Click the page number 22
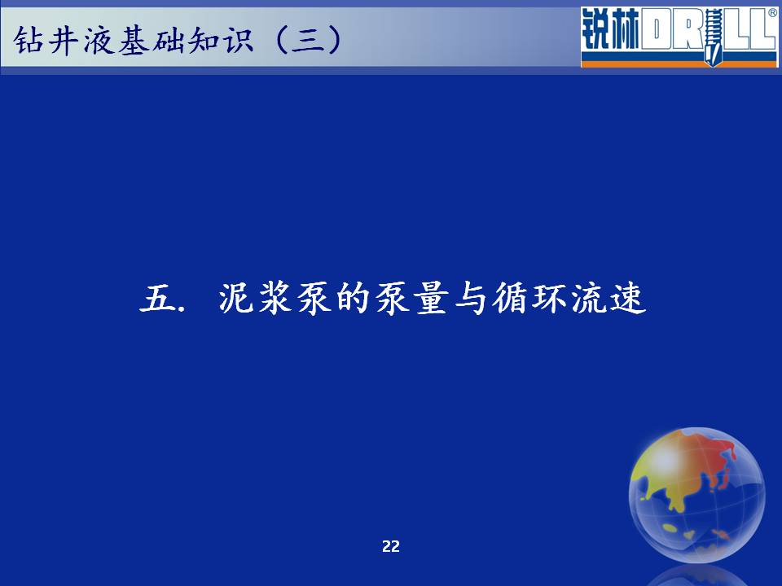tap(391, 547)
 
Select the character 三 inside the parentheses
tap(308, 40)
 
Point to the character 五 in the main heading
tap(156, 299)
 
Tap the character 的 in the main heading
tap(353, 299)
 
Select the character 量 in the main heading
tap(432, 299)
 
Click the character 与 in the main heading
tap(471, 299)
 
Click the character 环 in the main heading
tap(549, 299)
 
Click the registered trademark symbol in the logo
tap(772, 14)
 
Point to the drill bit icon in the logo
tap(714, 37)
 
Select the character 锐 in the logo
tap(596, 29)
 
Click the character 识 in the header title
tap(238, 40)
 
